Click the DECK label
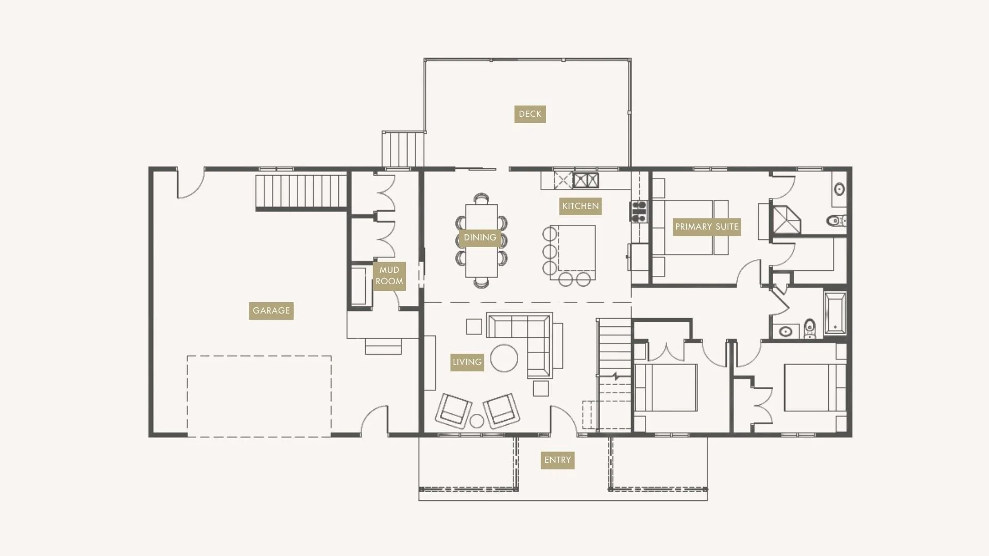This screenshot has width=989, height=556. [x=530, y=114]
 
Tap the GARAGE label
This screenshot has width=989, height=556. [x=271, y=310]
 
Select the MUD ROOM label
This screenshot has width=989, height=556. [x=389, y=276]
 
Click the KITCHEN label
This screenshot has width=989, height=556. [x=580, y=206]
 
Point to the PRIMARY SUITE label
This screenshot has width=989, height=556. [x=706, y=227]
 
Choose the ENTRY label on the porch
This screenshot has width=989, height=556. [x=557, y=460]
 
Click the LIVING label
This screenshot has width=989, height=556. [x=467, y=362]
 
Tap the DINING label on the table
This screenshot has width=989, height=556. [x=480, y=237]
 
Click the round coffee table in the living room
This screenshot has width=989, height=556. [x=504, y=358]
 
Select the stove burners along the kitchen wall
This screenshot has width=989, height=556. [x=639, y=212]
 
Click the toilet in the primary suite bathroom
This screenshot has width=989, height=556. [x=835, y=221]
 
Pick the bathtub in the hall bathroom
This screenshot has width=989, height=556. [x=834, y=313]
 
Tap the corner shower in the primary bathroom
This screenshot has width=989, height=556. [x=786, y=220]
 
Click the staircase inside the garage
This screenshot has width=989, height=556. [x=301, y=192]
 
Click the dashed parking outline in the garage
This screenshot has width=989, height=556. [x=259, y=396]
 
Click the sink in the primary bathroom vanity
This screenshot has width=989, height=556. [x=839, y=189]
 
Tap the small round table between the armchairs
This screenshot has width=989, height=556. [x=477, y=421]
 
